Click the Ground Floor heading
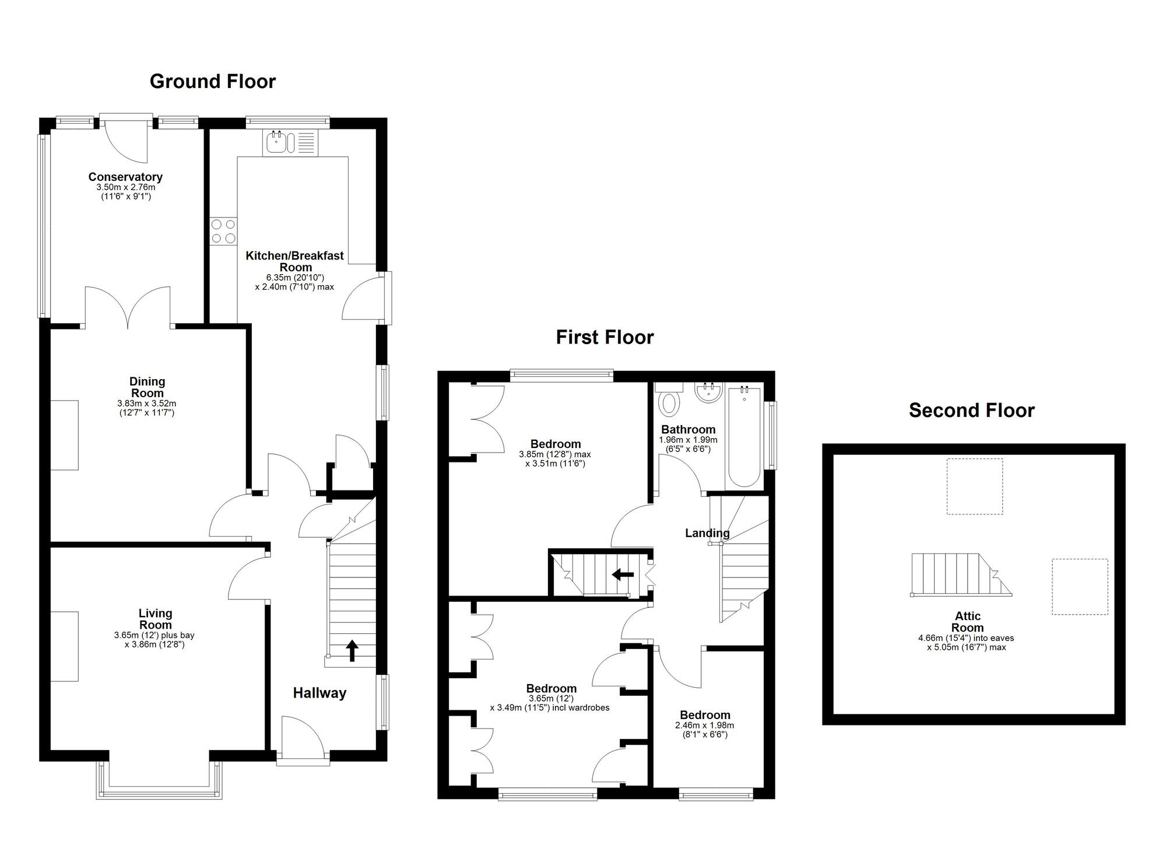click(x=212, y=82)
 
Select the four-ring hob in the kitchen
click(x=224, y=230)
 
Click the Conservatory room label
click(x=125, y=177)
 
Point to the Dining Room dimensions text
click(x=146, y=408)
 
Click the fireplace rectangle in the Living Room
click(x=64, y=646)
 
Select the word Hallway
click(x=319, y=693)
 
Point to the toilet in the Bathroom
click(x=669, y=402)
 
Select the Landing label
click(x=707, y=533)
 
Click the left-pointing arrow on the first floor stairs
click(x=623, y=575)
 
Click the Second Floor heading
click(x=971, y=411)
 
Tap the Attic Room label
click(x=967, y=622)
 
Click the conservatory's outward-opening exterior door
click(x=125, y=140)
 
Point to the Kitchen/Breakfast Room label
click(x=294, y=261)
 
